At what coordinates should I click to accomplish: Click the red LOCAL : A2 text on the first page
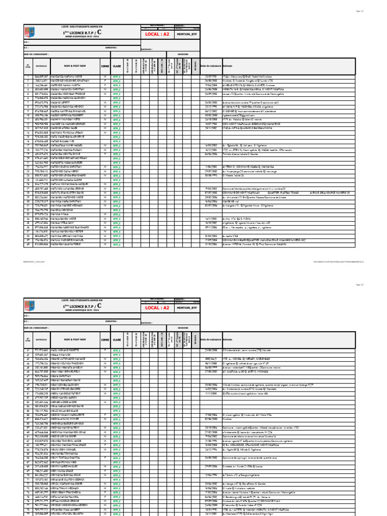tap(157, 34)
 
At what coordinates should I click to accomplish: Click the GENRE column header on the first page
tap(105, 66)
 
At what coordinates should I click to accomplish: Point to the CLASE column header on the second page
tap(117, 338)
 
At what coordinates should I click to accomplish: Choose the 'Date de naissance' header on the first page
tap(211, 66)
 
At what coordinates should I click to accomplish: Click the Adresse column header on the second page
tap(227, 338)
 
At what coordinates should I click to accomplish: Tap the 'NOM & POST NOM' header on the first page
tap(75, 66)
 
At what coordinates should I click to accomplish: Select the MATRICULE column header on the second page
tap(41, 338)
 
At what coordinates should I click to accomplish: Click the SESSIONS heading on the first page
tap(183, 54)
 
